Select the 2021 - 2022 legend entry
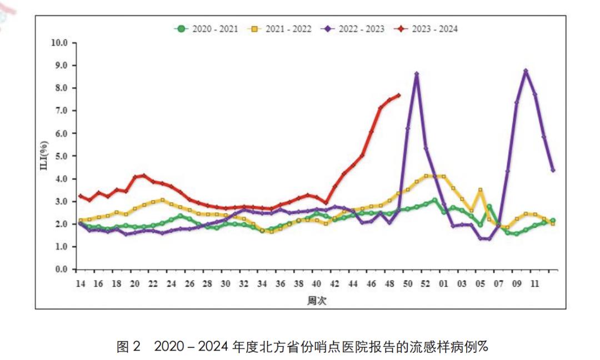pyautogui.click(x=279, y=29)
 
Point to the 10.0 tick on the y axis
pyautogui.click(x=59, y=43)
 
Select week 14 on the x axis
pyautogui.click(x=80, y=284)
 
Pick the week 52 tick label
pyautogui.click(x=426, y=284)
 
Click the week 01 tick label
pyautogui.click(x=444, y=284)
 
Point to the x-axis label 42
pyautogui.click(x=334, y=284)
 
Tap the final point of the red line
pyautogui.click(x=398, y=95)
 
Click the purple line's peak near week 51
pyautogui.click(x=417, y=74)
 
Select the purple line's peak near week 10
pyautogui.click(x=526, y=71)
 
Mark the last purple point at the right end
pyautogui.click(x=553, y=170)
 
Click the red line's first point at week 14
pyautogui.click(x=80, y=196)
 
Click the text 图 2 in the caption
pyautogui.click(x=130, y=347)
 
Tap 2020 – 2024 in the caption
pyautogui.click(x=192, y=347)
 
